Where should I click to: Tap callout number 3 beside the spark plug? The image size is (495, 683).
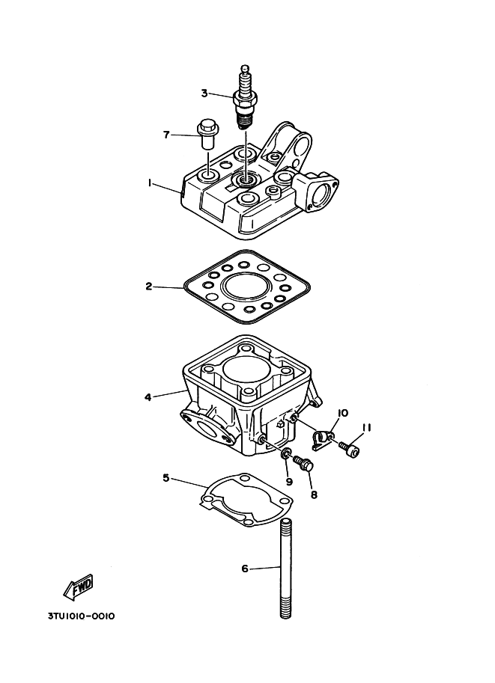[x=204, y=93]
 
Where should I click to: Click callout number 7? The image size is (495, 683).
[x=166, y=135]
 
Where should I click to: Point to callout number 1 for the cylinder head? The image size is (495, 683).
[x=149, y=183]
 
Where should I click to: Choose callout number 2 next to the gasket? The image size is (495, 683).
[x=149, y=287]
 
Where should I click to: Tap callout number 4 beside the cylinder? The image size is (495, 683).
[x=148, y=396]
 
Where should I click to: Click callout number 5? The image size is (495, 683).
[x=166, y=478]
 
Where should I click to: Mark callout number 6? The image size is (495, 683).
[x=245, y=569]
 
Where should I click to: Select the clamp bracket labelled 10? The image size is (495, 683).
[x=322, y=440]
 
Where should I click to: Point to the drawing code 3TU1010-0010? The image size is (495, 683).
[x=81, y=616]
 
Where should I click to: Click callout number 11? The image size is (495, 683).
[x=366, y=428]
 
